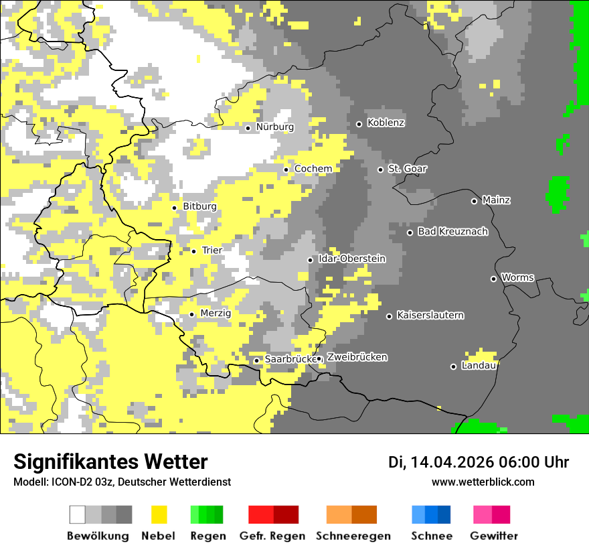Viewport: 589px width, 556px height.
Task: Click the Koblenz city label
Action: pyautogui.click(x=386, y=123)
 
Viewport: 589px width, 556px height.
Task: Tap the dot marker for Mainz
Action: pyautogui.click(x=474, y=201)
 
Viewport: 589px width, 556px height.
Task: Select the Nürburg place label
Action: pyautogui.click(x=274, y=127)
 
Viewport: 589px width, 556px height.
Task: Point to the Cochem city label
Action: pyautogui.click(x=313, y=169)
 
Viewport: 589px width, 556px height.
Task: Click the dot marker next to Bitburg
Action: pyautogui.click(x=174, y=208)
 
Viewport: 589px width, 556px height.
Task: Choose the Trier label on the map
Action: pyautogui.click(x=212, y=251)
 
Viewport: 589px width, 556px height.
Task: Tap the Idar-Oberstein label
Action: pyautogui.click(x=352, y=259)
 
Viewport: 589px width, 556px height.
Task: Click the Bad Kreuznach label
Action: pyautogui.click(x=452, y=232)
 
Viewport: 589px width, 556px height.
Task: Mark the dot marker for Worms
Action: pyautogui.click(x=493, y=279)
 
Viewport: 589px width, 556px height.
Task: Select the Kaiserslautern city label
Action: pyautogui.click(x=430, y=316)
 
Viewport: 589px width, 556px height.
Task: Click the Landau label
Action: pyautogui.click(x=479, y=366)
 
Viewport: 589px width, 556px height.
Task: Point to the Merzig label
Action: pyautogui.click(x=216, y=314)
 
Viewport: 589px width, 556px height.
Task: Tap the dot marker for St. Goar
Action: pyautogui.click(x=380, y=169)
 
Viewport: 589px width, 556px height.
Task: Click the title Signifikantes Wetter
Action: pyautogui.click(x=110, y=462)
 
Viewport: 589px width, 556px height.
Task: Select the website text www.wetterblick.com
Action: pyautogui.click(x=483, y=482)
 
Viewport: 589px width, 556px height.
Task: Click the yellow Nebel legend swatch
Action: pyautogui.click(x=159, y=514)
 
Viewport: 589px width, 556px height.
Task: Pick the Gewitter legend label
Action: pyautogui.click(x=494, y=536)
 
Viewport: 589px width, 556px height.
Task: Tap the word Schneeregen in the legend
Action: pyautogui.click(x=353, y=536)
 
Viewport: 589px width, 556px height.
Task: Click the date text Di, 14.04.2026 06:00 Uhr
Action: pyautogui.click(x=478, y=462)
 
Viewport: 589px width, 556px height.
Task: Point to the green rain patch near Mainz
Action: pyautogui.click(x=557, y=193)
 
